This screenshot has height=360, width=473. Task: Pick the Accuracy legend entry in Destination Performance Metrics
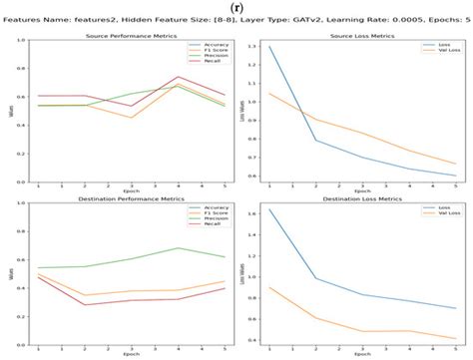click(x=204, y=208)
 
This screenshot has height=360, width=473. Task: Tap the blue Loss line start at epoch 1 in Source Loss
click(x=268, y=47)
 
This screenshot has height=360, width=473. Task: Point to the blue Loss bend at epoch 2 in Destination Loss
click(x=315, y=278)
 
